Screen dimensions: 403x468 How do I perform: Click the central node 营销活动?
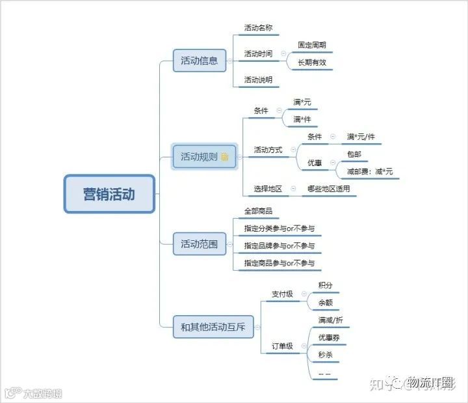click(x=109, y=194)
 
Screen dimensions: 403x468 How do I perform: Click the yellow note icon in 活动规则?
click(x=225, y=157)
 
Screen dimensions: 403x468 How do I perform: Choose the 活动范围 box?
click(x=199, y=245)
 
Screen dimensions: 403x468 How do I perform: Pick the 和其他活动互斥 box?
click(x=213, y=327)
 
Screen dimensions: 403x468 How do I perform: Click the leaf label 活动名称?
click(x=258, y=28)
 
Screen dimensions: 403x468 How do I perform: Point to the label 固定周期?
click(x=312, y=46)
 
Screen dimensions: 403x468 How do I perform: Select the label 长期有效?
click(x=312, y=63)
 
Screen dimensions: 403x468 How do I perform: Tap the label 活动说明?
click(x=258, y=80)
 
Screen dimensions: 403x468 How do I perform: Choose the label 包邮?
click(x=354, y=154)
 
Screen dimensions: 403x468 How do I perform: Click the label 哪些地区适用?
click(x=328, y=189)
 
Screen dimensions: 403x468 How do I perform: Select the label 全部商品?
click(x=258, y=211)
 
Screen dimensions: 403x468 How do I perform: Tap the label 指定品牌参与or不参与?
click(x=279, y=245)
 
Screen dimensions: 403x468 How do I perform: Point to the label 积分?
click(x=325, y=285)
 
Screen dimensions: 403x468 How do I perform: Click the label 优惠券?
click(x=329, y=337)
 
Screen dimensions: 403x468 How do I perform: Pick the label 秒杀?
click(x=325, y=355)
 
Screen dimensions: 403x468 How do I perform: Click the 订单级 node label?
click(x=282, y=346)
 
